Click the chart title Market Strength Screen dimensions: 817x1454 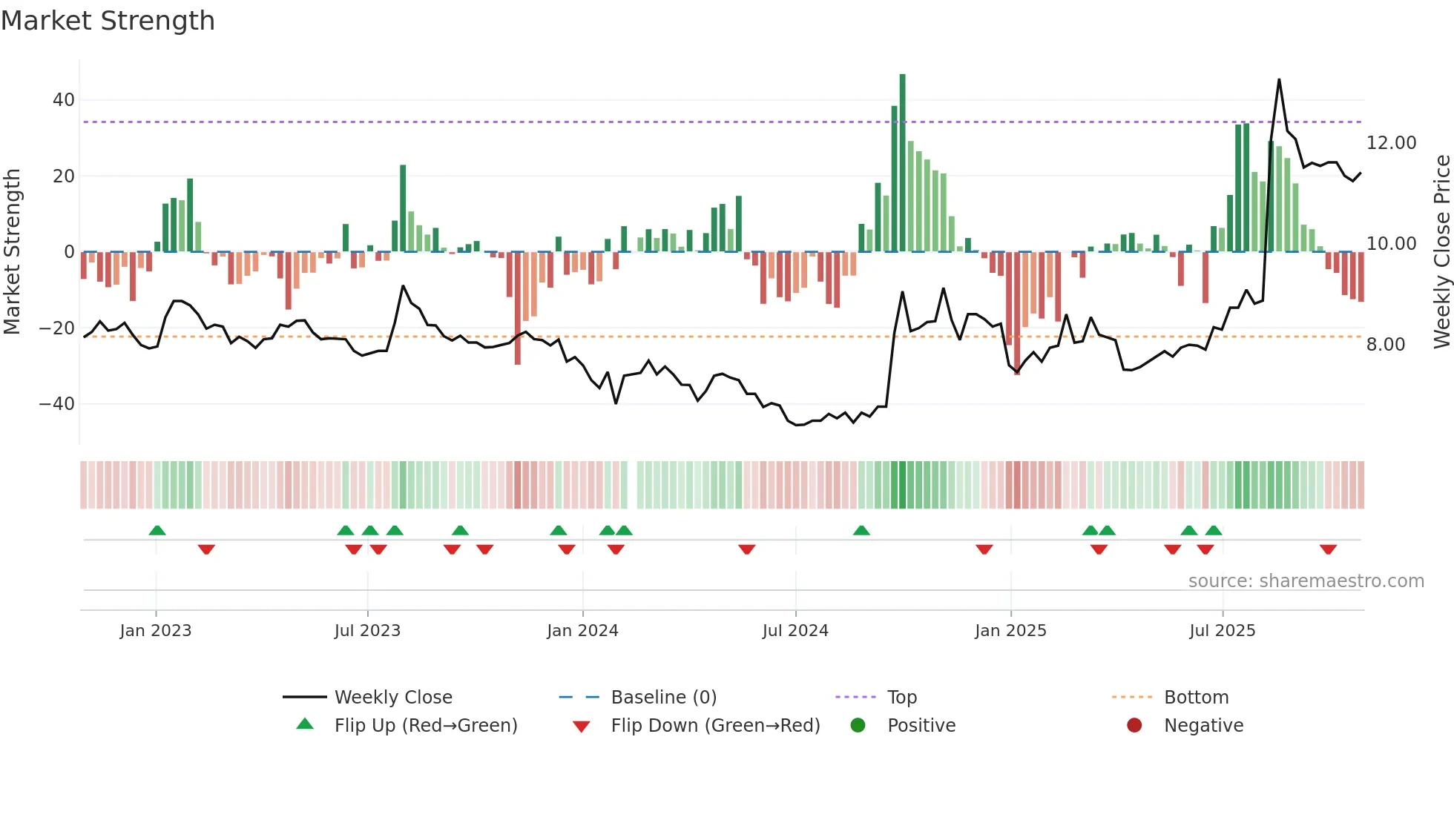click(108, 21)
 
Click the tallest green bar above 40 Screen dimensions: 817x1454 click(902, 163)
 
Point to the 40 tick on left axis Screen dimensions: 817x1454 click(64, 100)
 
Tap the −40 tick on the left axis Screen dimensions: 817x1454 click(57, 404)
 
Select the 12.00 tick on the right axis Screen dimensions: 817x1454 click(1391, 143)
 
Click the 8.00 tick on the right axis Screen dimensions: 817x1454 click(1385, 345)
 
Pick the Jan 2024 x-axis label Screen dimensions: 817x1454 click(582, 631)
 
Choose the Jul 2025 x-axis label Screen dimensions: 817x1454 click(1222, 631)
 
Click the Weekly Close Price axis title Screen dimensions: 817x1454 click(1441, 252)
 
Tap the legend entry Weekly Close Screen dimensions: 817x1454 click(392, 698)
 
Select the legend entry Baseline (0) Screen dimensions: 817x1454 click(663, 698)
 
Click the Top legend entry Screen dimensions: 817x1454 click(902, 698)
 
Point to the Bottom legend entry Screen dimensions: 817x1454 click(1196, 698)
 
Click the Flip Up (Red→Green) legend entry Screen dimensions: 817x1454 click(425, 726)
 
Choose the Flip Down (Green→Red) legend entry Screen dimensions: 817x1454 click(715, 726)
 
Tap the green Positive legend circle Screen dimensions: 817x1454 click(858, 726)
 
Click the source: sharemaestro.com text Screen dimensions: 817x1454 click(1306, 581)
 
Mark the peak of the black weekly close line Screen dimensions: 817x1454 click(1279, 80)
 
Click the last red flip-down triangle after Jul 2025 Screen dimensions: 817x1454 click(1328, 549)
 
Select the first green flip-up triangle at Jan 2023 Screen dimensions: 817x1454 click(157, 530)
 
